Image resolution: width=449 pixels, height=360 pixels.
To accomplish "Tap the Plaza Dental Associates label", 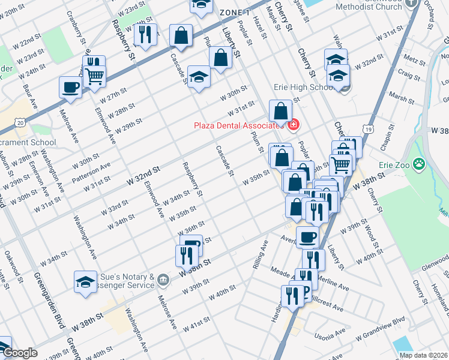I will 238,125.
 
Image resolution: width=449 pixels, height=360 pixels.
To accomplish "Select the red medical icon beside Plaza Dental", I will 294,125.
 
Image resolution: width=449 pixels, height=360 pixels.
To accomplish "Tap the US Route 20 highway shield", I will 22,122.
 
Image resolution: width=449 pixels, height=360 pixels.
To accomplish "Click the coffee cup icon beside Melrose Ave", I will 70,87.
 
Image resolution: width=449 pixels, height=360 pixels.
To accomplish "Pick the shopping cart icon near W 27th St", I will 94,77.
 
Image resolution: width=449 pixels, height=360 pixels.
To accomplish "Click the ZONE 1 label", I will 235,13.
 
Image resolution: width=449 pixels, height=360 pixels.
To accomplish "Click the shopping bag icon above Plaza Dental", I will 281,110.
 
